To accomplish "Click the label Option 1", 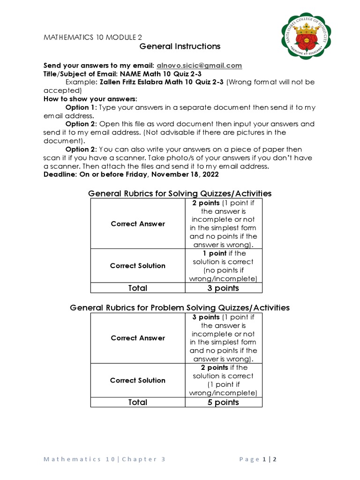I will tap(80, 107).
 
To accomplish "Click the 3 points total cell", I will tap(224, 288).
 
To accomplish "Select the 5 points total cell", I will tap(224, 402).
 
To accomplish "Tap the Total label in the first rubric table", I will tap(137, 288).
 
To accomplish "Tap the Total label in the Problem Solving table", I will tap(137, 402).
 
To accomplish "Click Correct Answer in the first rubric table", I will tap(138, 224).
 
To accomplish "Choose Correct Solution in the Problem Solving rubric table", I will tap(138, 380).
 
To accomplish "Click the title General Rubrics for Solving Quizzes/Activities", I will tap(180, 194).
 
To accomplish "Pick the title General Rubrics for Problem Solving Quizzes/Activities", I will tap(180, 307).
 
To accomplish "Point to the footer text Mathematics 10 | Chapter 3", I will tap(105, 459).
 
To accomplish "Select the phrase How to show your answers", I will tap(90, 99).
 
